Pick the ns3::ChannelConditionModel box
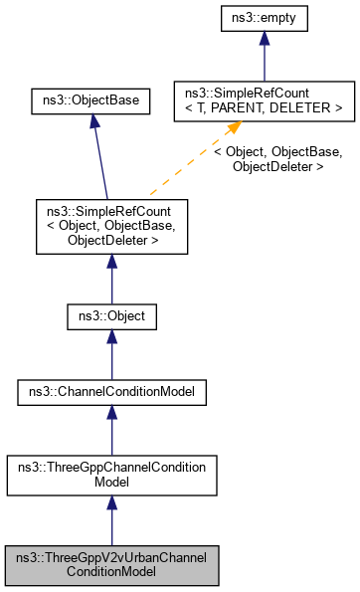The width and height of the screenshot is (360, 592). tap(111, 393)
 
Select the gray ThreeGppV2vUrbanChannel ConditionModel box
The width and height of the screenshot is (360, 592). tap(111, 566)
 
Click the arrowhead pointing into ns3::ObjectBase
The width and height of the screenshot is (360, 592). tap(92, 122)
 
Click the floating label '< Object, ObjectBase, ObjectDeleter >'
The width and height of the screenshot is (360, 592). tap(277, 159)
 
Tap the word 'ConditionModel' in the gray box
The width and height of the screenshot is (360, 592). tap(111, 573)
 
